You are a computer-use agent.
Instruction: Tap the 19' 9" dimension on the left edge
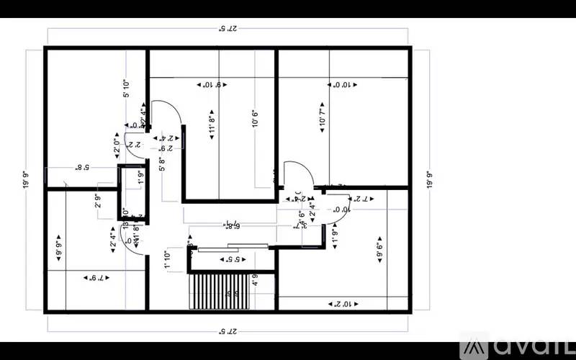click(27, 179)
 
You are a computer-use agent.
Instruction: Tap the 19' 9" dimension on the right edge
click(429, 179)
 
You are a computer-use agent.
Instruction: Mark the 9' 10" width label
click(212, 85)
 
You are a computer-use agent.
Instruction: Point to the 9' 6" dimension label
click(378, 251)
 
